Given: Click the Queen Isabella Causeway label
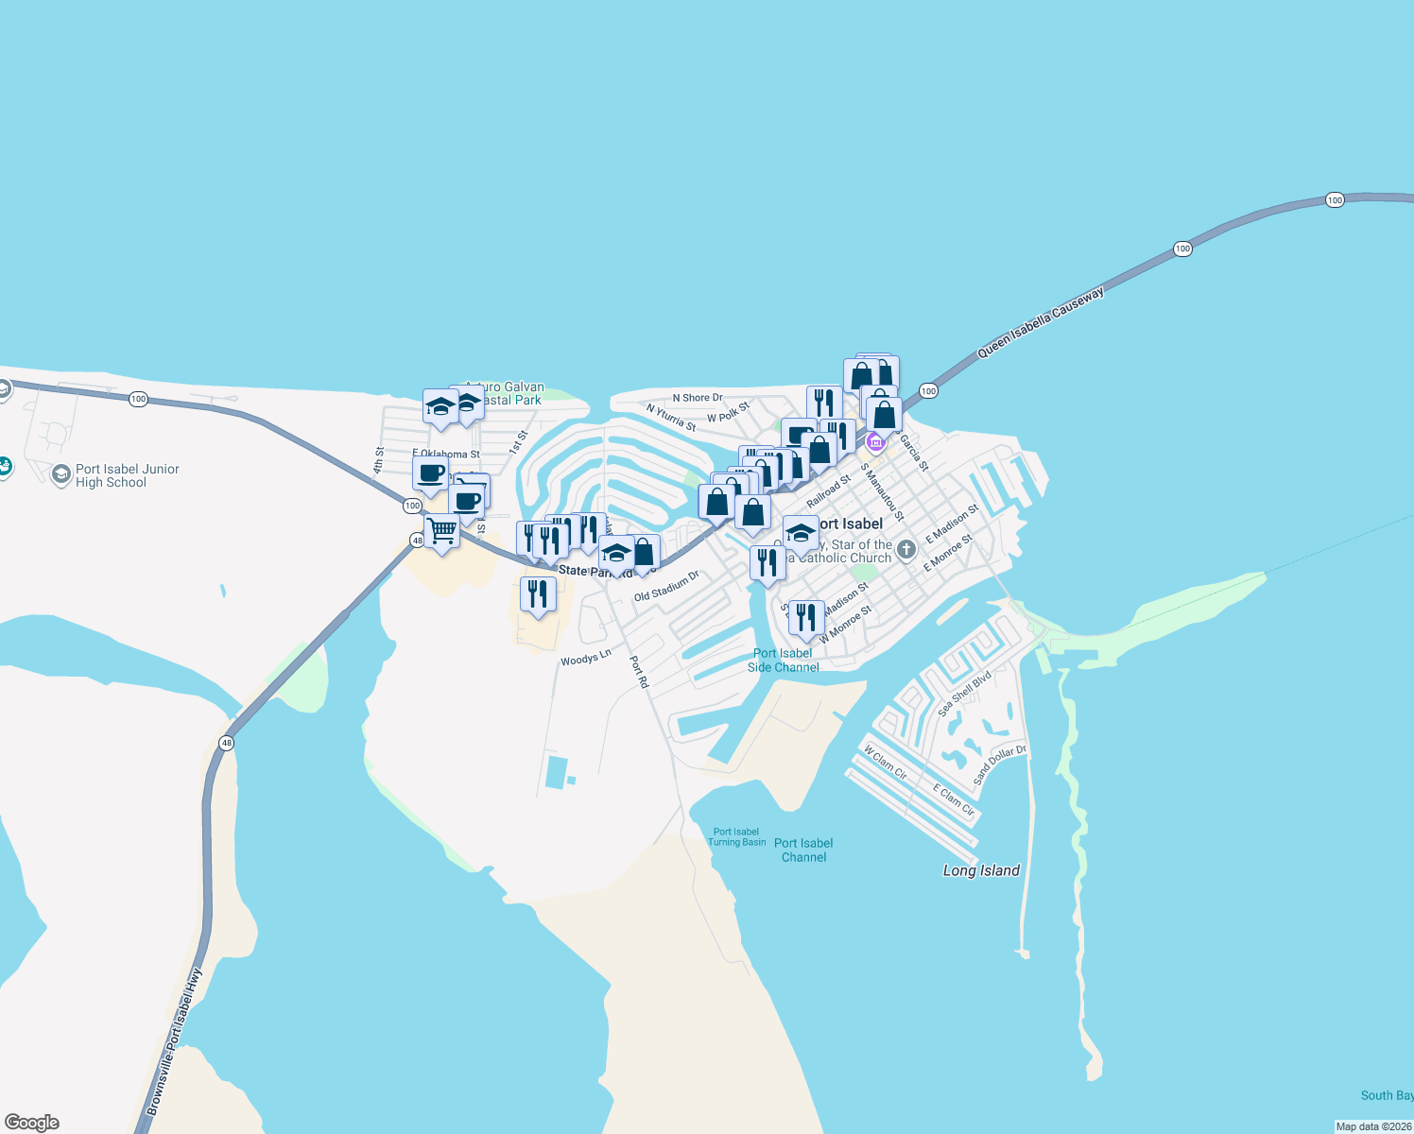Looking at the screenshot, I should point(1040,323).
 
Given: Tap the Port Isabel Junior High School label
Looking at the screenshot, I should point(127,475).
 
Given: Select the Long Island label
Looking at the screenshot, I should point(981,870).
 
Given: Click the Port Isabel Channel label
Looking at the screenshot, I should point(803,850).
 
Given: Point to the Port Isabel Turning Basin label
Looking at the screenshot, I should point(736,837).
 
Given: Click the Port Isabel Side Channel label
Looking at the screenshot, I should point(783,660).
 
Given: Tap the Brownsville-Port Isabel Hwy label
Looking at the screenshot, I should point(175,1039).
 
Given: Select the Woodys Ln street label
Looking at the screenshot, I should point(586,657).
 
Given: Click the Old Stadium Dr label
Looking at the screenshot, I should point(666,586).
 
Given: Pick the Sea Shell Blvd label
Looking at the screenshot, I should point(964,694).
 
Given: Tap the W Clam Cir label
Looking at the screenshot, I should point(885,763).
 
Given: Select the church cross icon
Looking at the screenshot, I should point(905,549).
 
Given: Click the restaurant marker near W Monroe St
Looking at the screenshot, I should point(806,617).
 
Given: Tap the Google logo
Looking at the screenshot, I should point(32,1123).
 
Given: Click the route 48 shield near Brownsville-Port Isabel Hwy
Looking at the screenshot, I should point(226,743).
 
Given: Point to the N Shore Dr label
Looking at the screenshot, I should point(698,398).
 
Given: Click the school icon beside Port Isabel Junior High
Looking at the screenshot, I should point(61,474).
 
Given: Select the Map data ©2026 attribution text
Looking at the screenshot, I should point(1373,1126).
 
